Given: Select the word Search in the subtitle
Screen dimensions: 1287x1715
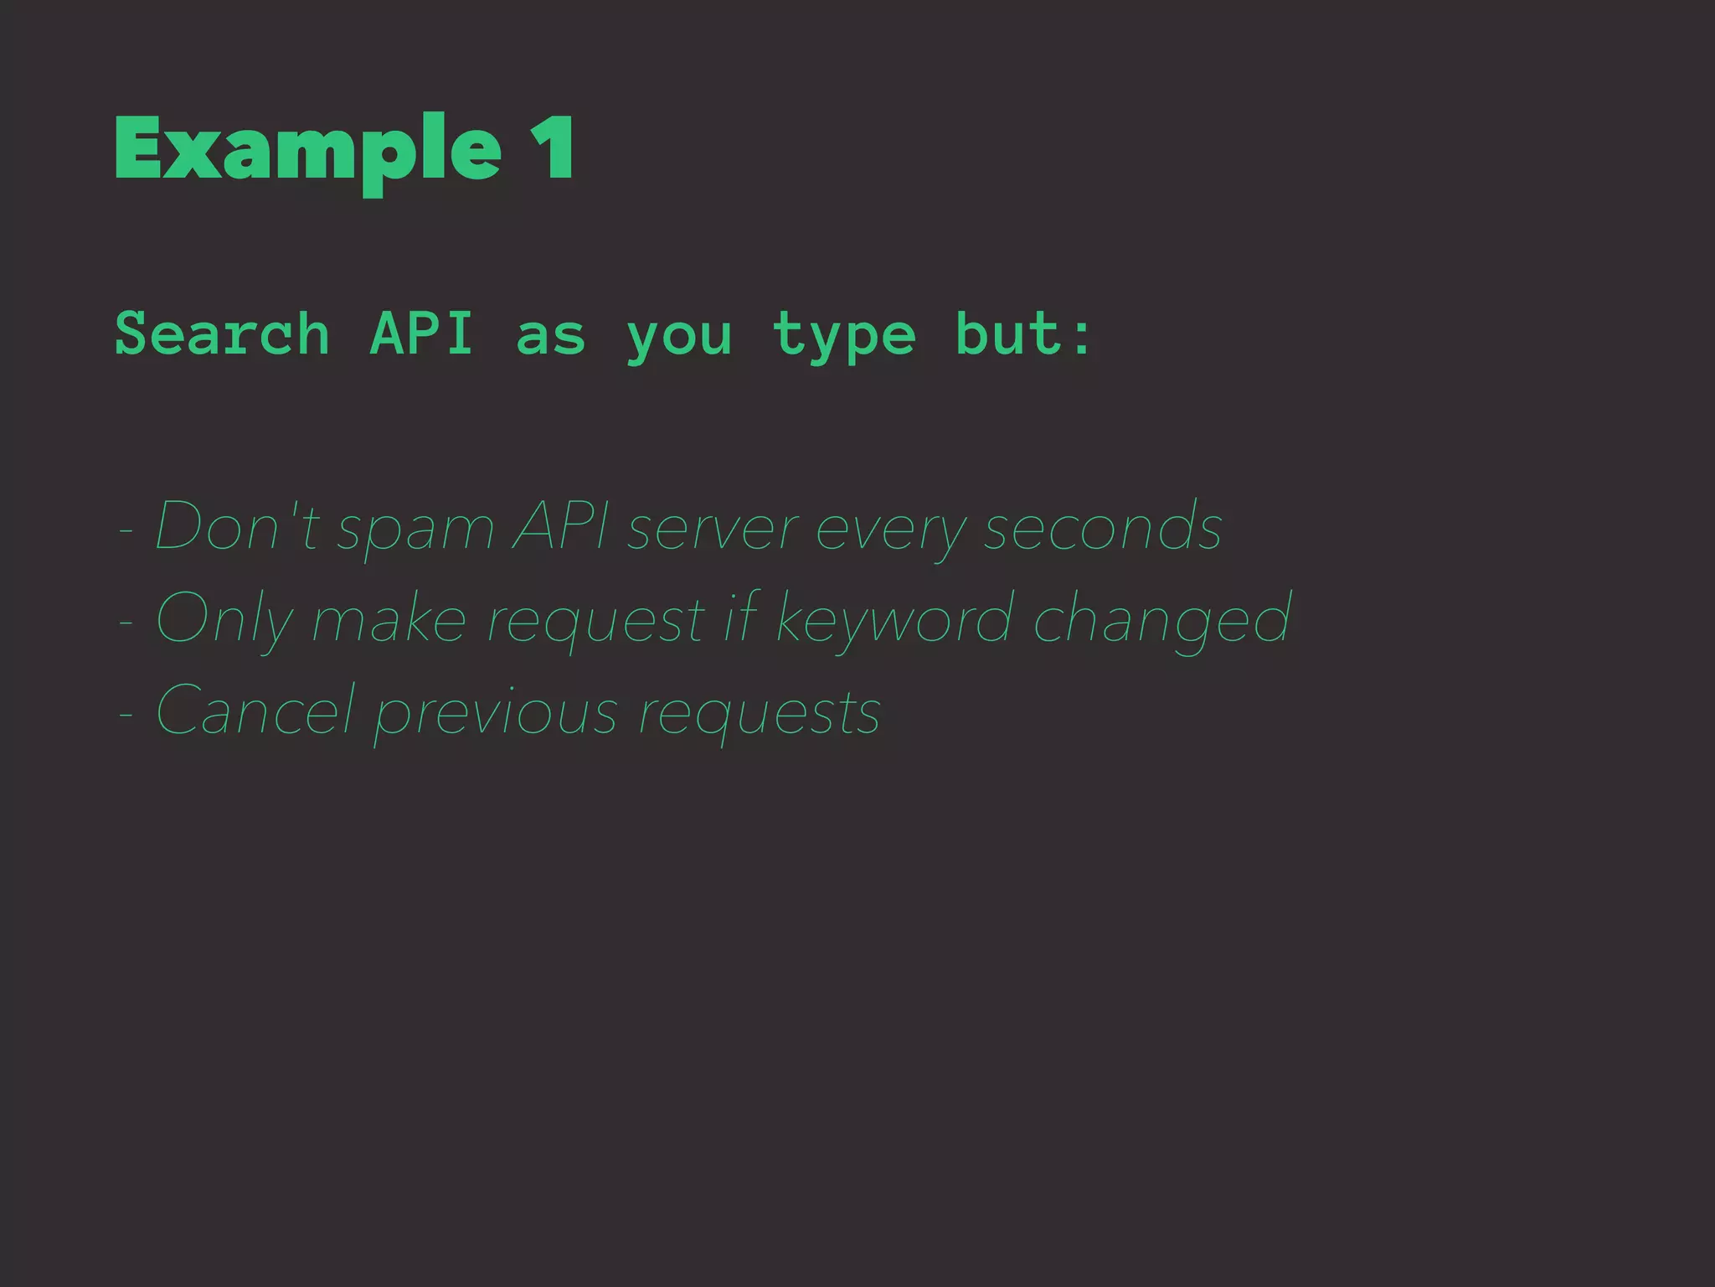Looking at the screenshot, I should click(x=222, y=333).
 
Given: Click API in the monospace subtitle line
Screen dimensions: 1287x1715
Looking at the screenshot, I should click(x=422, y=333).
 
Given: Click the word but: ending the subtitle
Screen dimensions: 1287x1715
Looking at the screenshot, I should click(x=1023, y=333).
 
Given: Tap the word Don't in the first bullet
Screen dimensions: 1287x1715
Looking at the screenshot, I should click(x=237, y=527).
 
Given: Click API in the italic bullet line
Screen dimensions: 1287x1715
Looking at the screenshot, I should click(x=560, y=527).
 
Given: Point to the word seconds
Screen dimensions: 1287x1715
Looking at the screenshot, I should click(x=1103, y=527).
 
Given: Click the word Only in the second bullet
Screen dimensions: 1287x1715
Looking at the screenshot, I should click(x=224, y=621).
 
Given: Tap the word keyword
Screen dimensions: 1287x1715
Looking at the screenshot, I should click(x=894, y=621).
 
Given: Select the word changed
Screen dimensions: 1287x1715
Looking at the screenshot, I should click(x=1162, y=621).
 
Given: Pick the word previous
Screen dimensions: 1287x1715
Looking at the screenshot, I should click(x=497, y=715).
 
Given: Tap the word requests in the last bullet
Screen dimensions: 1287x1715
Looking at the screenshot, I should click(x=760, y=715).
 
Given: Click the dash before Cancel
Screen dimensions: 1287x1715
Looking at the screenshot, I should click(x=126, y=714).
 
